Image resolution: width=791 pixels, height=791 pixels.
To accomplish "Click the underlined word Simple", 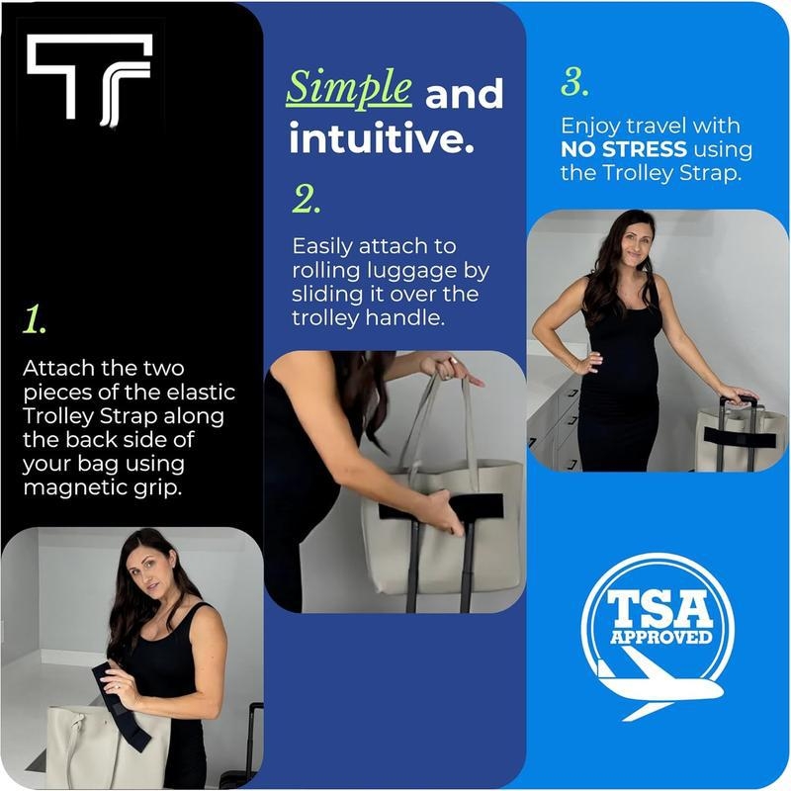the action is [x=349, y=89].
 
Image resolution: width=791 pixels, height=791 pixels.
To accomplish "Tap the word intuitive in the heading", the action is [x=382, y=138].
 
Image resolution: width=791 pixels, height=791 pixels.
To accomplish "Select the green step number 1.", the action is [x=35, y=319].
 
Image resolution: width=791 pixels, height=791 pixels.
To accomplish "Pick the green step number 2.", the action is [x=307, y=200].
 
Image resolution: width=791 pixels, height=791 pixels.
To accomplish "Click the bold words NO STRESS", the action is [x=624, y=149].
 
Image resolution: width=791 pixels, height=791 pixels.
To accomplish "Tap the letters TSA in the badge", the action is [x=659, y=609].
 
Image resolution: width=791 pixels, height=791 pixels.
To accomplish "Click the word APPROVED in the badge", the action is [x=660, y=637].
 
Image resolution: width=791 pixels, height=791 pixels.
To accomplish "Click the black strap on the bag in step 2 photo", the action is [x=441, y=507].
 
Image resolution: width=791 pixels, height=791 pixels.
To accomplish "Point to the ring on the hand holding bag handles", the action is [x=453, y=361].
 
